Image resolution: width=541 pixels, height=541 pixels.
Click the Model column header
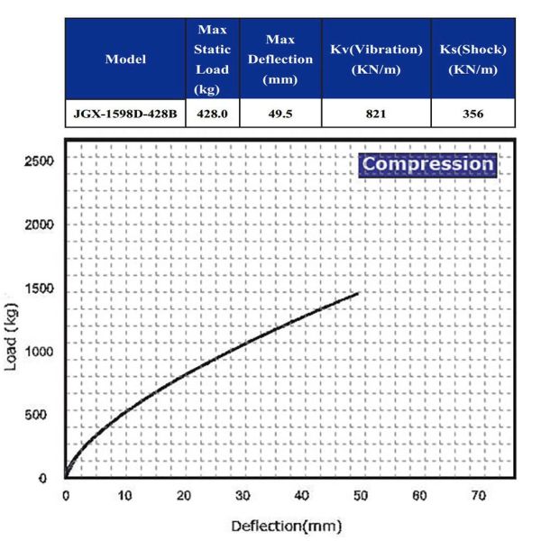pos(125,60)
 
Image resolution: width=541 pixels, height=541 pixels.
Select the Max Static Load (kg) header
pos(213,60)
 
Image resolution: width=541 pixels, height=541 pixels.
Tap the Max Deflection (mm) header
pos(280,60)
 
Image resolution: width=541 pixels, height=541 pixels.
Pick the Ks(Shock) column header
pos(473,60)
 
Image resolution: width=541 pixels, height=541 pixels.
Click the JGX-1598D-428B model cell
pos(125,114)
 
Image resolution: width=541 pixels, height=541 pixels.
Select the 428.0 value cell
pos(213,114)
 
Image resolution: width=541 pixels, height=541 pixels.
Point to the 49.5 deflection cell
pos(280,114)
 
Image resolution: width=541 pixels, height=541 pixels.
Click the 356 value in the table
pos(473,114)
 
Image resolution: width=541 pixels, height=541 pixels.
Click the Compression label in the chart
pos(427,165)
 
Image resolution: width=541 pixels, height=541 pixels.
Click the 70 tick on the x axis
pos(478,496)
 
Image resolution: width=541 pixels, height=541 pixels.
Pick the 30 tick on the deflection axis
pos(242,496)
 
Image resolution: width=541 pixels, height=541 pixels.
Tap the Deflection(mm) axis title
pos(286,525)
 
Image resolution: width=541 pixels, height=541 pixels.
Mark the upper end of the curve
pos(359,293)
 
